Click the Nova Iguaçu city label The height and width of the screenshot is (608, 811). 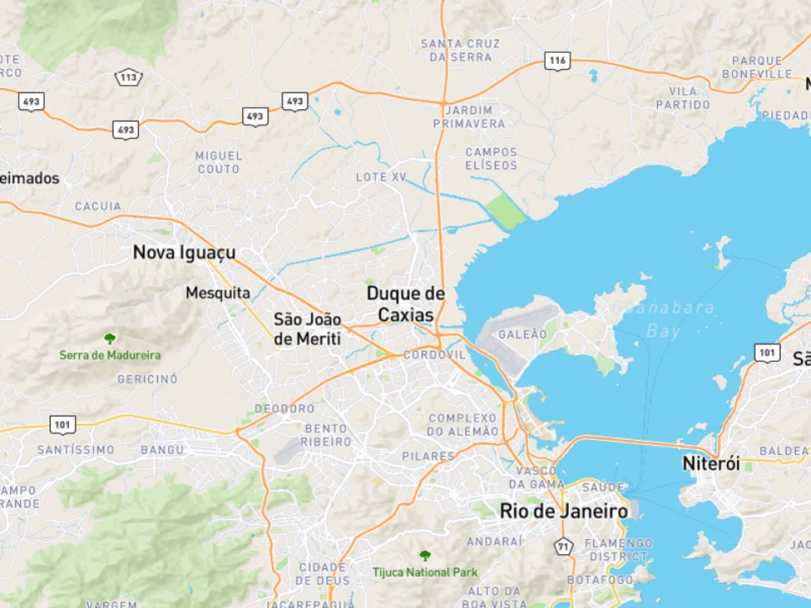[x=184, y=252]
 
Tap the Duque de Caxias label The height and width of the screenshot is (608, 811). [x=405, y=304]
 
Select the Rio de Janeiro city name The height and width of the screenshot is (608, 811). [x=563, y=511]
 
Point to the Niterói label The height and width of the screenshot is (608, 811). [x=711, y=464]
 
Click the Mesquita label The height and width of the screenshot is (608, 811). [x=218, y=293]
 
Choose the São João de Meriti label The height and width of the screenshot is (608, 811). [x=308, y=329]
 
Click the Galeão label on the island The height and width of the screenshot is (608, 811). [x=523, y=334]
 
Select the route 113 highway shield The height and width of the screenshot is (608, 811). [x=129, y=78]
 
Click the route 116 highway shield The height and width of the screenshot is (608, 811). [x=556, y=60]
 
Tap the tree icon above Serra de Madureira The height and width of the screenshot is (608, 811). [x=110, y=338]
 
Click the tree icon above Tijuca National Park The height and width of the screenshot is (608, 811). [x=425, y=556]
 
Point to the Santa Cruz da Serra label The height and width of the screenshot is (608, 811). [x=460, y=50]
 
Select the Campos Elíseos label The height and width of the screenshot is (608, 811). [x=491, y=159]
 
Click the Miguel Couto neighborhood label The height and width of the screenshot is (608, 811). [x=219, y=162]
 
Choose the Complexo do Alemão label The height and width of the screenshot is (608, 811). [x=463, y=424]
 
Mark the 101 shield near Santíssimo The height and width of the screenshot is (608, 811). [x=62, y=425]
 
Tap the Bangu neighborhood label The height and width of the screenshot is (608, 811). [x=162, y=450]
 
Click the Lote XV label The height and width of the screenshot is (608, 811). [x=381, y=177]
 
